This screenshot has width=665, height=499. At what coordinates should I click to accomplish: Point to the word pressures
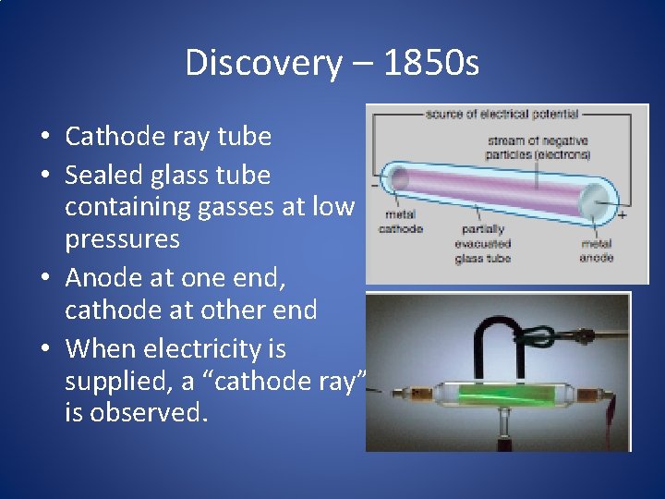click(122, 239)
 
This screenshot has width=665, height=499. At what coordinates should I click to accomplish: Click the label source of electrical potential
click(502, 115)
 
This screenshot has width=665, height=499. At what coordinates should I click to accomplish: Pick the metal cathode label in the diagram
click(401, 223)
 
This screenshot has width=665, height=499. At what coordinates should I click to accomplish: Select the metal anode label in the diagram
click(596, 250)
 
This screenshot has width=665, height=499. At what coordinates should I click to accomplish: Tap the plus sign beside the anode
click(622, 214)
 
